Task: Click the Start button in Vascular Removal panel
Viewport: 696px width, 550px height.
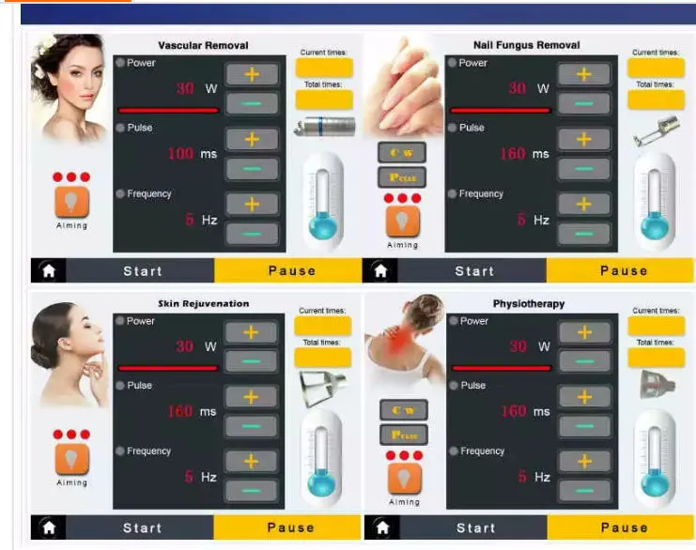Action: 143,270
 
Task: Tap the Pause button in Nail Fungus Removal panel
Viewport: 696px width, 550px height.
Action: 624,270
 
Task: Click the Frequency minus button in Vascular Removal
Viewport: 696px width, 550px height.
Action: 251,234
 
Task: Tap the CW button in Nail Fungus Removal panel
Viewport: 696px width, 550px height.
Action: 402,152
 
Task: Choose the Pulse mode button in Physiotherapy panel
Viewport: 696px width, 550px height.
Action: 403,435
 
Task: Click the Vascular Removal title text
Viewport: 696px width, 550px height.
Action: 203,45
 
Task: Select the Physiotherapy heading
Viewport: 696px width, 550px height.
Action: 529,304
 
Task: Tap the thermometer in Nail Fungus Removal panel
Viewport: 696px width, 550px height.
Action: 655,200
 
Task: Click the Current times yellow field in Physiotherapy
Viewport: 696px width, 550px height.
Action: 656,326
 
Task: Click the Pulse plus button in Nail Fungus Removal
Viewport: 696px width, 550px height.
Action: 583,139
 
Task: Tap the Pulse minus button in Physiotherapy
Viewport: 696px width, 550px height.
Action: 583,426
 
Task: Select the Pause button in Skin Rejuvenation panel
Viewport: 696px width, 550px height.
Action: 290,527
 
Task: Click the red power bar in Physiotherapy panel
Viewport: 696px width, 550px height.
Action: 500,368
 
